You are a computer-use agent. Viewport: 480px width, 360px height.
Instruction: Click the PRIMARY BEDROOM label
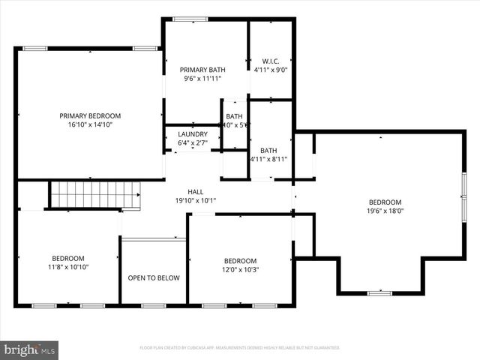click(x=90, y=115)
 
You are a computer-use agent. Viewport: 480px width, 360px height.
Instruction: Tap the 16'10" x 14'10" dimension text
click(x=90, y=125)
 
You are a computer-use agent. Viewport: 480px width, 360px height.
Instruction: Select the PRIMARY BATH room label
click(x=202, y=70)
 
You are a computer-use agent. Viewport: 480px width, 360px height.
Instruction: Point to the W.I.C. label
click(x=270, y=61)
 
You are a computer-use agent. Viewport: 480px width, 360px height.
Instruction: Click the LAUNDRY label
click(x=192, y=134)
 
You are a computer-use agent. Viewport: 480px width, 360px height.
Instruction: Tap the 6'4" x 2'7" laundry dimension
click(x=192, y=142)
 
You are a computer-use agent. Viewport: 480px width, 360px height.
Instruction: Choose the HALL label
click(x=195, y=191)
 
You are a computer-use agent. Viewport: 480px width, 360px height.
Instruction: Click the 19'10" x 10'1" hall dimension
click(x=195, y=200)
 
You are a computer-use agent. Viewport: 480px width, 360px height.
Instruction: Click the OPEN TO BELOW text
click(x=153, y=278)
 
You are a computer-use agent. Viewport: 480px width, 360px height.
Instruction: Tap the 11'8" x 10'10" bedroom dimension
click(x=67, y=267)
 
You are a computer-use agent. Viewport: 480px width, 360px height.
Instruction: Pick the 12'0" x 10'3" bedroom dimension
click(x=240, y=270)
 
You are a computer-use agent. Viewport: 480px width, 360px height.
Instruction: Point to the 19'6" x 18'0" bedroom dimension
click(x=385, y=211)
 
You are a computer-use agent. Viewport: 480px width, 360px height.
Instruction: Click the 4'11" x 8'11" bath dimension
click(x=268, y=159)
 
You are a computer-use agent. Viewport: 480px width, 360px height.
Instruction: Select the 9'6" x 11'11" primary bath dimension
click(x=202, y=78)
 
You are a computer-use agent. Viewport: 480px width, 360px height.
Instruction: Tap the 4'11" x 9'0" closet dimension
click(x=270, y=70)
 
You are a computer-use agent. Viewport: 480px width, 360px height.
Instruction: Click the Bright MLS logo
click(x=30, y=349)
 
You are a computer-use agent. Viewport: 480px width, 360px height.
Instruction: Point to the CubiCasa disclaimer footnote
click(x=240, y=348)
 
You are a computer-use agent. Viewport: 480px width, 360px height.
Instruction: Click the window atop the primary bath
click(x=190, y=19)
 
